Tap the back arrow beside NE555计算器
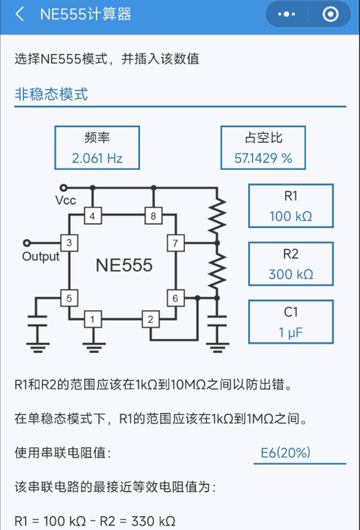click(x=20, y=14)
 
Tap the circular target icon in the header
click(x=331, y=14)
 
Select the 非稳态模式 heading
click(x=51, y=94)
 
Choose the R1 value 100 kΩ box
click(x=291, y=217)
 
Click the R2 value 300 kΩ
click(x=291, y=274)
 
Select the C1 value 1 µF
click(x=291, y=332)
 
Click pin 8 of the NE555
click(x=153, y=217)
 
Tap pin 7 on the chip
click(x=175, y=243)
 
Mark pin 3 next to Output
click(x=69, y=243)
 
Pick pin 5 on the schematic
click(x=69, y=298)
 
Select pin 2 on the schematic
click(x=150, y=319)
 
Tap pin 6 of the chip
click(x=175, y=298)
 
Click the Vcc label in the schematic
click(x=66, y=200)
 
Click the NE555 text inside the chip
click(x=124, y=265)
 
